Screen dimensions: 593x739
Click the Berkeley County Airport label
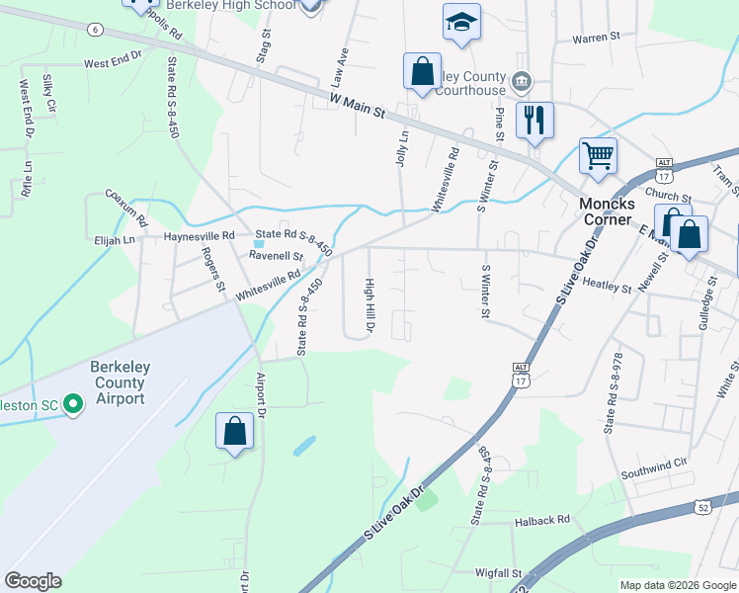tap(118, 382)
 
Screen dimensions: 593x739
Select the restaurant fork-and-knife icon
tap(534, 121)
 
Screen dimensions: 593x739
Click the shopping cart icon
tap(598, 155)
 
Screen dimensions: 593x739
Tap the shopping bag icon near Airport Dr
tap(234, 430)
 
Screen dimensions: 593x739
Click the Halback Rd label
tap(542, 519)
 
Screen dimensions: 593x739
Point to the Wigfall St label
tap(498, 572)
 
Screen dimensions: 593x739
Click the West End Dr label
tap(114, 63)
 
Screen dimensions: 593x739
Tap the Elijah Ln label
tap(115, 240)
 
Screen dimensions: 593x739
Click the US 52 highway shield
tap(700, 511)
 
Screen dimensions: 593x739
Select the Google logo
tap(34, 581)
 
